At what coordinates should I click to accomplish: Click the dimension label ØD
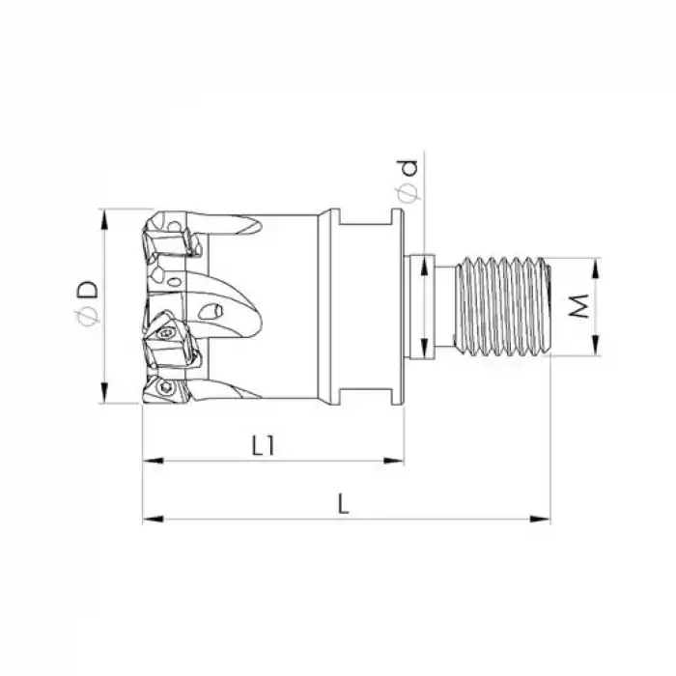[x=87, y=303]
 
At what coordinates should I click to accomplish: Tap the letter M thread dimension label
[x=579, y=306]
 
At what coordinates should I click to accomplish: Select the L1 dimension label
[x=263, y=445]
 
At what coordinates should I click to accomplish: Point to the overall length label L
[x=343, y=503]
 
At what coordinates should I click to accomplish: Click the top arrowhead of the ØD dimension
[x=103, y=220]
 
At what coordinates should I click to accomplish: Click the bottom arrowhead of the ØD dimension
[x=103, y=392]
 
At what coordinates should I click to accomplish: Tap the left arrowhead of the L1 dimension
[x=153, y=461]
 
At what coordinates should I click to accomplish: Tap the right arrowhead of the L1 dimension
[x=394, y=461]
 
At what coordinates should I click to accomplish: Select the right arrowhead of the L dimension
[x=540, y=519]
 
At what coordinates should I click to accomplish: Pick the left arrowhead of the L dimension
[x=153, y=519]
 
